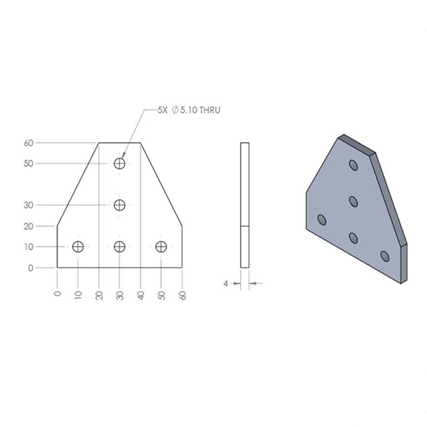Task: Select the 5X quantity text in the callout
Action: pyautogui.click(x=162, y=110)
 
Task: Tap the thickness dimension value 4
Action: pyautogui.click(x=226, y=283)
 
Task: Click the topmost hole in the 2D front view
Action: pyautogui.click(x=120, y=163)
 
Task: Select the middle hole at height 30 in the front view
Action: pyautogui.click(x=120, y=205)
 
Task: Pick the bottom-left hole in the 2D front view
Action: pyautogui.click(x=78, y=247)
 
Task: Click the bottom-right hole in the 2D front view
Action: pyautogui.click(x=161, y=247)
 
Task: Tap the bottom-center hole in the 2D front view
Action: pyautogui.click(x=120, y=247)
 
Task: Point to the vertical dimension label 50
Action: pyautogui.click(x=28, y=163)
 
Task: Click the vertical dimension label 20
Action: pyautogui.click(x=28, y=226)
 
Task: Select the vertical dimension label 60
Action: pyautogui.click(x=28, y=143)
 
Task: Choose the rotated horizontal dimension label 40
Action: pyautogui.click(x=141, y=295)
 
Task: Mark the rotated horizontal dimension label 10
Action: pyautogui.click(x=78, y=295)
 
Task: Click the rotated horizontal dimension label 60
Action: pyautogui.click(x=183, y=295)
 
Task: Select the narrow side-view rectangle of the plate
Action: pyautogui.click(x=244, y=205)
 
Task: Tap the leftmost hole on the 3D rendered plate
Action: pyautogui.click(x=322, y=219)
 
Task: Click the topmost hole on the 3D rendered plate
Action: pyautogui.click(x=353, y=165)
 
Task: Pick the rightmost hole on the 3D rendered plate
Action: pyautogui.click(x=385, y=256)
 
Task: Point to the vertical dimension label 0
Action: pyautogui.click(x=30, y=267)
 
